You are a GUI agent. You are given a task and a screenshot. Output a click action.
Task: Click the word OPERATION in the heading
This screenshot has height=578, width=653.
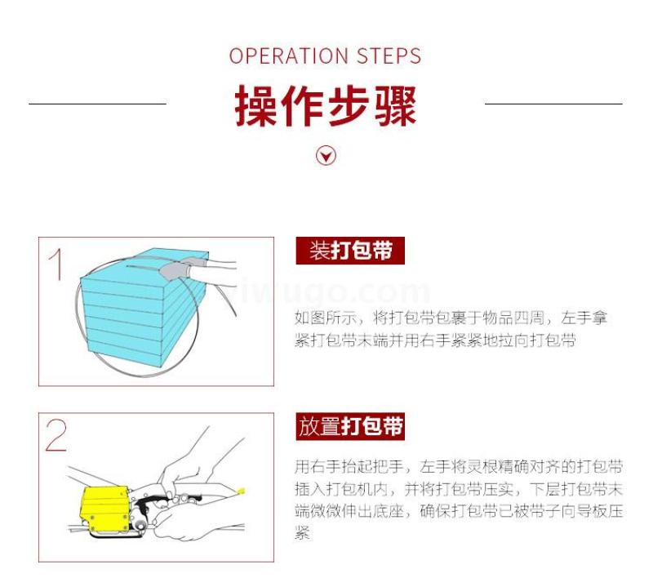pos(288,56)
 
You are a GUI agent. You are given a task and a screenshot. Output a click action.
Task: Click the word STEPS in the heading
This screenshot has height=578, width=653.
pos(389,56)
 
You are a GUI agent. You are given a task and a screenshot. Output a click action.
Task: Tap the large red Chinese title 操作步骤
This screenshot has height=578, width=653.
pos(326,106)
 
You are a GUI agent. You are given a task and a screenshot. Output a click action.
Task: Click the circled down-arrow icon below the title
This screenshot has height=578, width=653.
pos(326,156)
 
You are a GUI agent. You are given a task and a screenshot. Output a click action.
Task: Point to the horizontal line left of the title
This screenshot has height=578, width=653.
pos(97,104)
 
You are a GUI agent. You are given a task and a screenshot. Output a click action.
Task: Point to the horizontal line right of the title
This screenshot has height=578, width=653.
pos(553,104)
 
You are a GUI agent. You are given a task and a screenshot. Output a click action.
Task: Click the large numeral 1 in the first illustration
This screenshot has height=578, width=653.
pos(56,265)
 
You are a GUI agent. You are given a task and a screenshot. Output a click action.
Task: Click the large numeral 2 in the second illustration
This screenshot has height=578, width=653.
pos(56,435)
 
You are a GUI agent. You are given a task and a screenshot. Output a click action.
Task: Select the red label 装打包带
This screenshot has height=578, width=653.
pos(350,251)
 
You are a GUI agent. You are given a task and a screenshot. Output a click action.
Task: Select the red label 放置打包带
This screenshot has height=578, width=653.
pos(350,426)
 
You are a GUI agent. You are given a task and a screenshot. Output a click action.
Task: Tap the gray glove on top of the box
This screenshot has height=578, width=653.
pos(175,269)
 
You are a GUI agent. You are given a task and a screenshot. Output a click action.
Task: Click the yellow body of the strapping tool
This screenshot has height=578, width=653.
pos(104,511)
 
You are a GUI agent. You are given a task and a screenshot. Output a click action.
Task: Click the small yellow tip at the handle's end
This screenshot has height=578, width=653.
pos(241,491)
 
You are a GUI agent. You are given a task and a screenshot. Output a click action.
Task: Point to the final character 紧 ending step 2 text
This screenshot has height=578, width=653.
pos(302,533)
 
